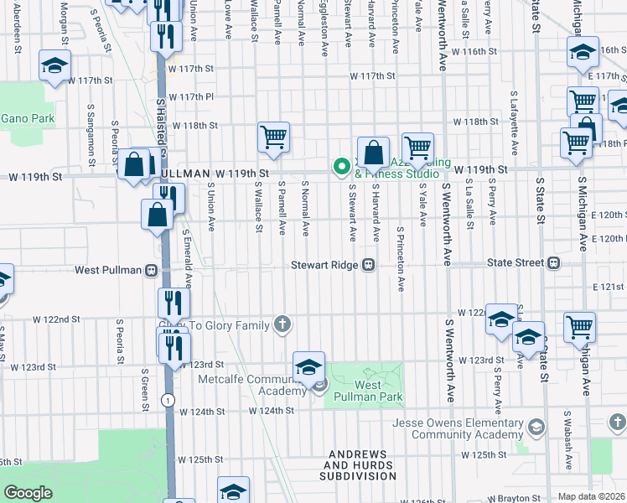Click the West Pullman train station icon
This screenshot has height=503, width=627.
tap(152, 270)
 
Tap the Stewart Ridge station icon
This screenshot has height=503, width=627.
tap(368, 265)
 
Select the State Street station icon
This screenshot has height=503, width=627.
tap(553, 263)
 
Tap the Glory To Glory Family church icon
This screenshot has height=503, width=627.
tap(283, 324)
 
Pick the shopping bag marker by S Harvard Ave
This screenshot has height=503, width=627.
tap(374, 152)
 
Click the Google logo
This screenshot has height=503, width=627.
tap(28, 493)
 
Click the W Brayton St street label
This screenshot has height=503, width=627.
tap(514, 498)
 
